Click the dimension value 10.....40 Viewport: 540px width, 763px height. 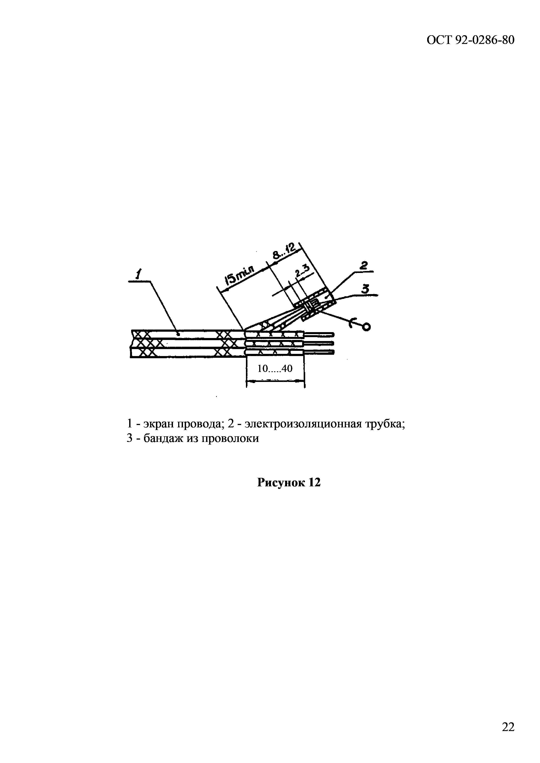click(x=275, y=368)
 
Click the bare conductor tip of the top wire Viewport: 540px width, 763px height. click(x=332, y=334)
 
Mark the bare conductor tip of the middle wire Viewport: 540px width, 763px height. click(x=332, y=343)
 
